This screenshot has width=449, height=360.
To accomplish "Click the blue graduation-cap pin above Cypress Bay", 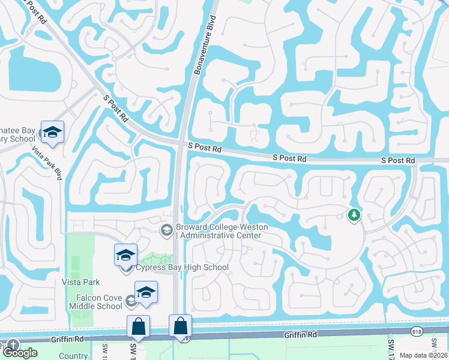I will pyautogui.click(x=125, y=255).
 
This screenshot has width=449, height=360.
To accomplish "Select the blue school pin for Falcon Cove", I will pyautogui.click(x=146, y=292).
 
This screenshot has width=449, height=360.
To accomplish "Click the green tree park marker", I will pyautogui.click(x=354, y=214).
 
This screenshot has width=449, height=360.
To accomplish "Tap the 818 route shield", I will pyautogui.click(x=415, y=331).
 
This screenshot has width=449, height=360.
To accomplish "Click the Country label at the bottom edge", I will pyautogui.click(x=74, y=356).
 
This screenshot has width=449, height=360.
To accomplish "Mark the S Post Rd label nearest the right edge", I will pyautogui.click(x=399, y=161).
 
